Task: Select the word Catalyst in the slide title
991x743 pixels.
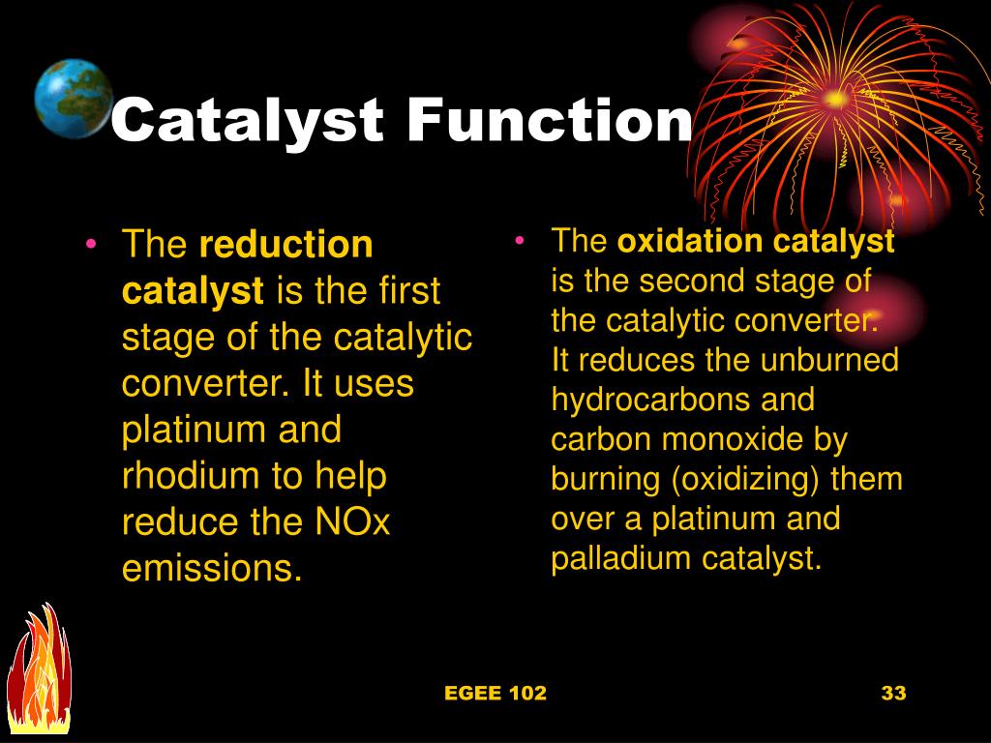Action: (x=248, y=122)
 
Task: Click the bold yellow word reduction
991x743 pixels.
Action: (x=285, y=246)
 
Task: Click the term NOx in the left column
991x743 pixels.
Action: (x=352, y=522)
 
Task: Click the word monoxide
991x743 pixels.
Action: (x=727, y=439)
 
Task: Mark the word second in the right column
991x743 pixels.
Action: (x=694, y=281)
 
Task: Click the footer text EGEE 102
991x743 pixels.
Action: (x=495, y=693)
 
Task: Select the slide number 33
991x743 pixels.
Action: (x=892, y=693)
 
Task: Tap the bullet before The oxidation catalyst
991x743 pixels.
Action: (x=521, y=241)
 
